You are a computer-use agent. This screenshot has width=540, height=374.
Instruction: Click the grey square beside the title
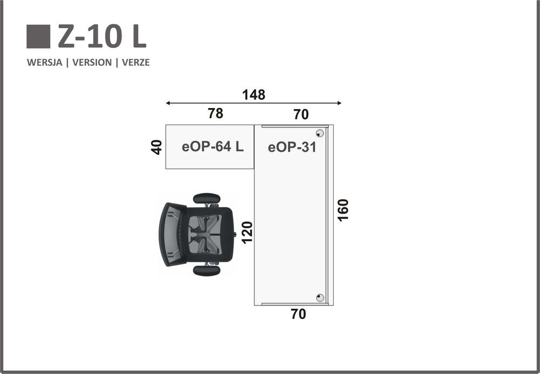[x=38, y=37]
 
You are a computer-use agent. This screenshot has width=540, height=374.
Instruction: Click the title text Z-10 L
[x=102, y=37]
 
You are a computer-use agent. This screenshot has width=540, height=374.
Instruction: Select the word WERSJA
[x=44, y=63]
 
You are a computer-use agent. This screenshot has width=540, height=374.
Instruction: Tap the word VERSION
[x=92, y=63]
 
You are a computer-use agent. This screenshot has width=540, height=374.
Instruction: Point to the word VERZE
[x=136, y=63]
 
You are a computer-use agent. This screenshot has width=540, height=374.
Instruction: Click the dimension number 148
[x=253, y=95]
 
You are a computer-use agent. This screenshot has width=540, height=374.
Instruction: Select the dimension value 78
[x=215, y=113]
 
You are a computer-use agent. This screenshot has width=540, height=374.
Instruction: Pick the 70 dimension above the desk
[x=301, y=114]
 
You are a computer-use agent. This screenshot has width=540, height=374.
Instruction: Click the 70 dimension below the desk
[x=298, y=314]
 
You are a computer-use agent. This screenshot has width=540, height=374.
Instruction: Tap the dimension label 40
[x=157, y=147]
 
